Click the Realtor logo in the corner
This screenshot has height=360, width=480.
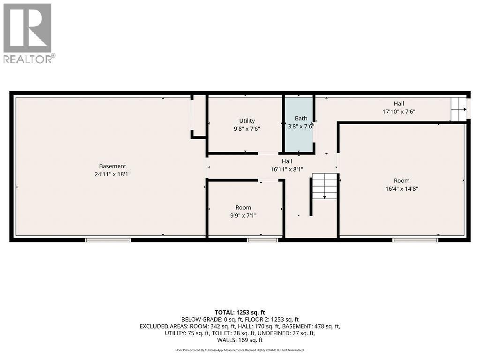tap(29, 33)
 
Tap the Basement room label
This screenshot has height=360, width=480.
tap(112, 166)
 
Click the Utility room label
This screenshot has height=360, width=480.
tap(247, 120)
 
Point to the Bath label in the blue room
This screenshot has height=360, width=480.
tap(300, 118)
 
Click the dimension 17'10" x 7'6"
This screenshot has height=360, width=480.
tap(398, 112)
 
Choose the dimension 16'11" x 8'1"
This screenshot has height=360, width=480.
tap(286, 169)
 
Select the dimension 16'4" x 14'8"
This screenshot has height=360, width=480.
tap(401, 188)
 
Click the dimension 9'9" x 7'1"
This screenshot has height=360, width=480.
tap(243, 216)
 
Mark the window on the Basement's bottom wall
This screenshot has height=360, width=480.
tap(108, 240)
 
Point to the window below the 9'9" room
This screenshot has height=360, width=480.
tap(262, 240)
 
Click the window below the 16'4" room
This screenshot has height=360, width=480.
tap(415, 240)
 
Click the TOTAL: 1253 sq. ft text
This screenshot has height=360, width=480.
tap(240, 312)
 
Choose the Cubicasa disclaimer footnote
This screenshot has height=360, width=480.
tap(240, 350)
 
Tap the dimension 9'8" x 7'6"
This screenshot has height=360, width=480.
tap(247, 128)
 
